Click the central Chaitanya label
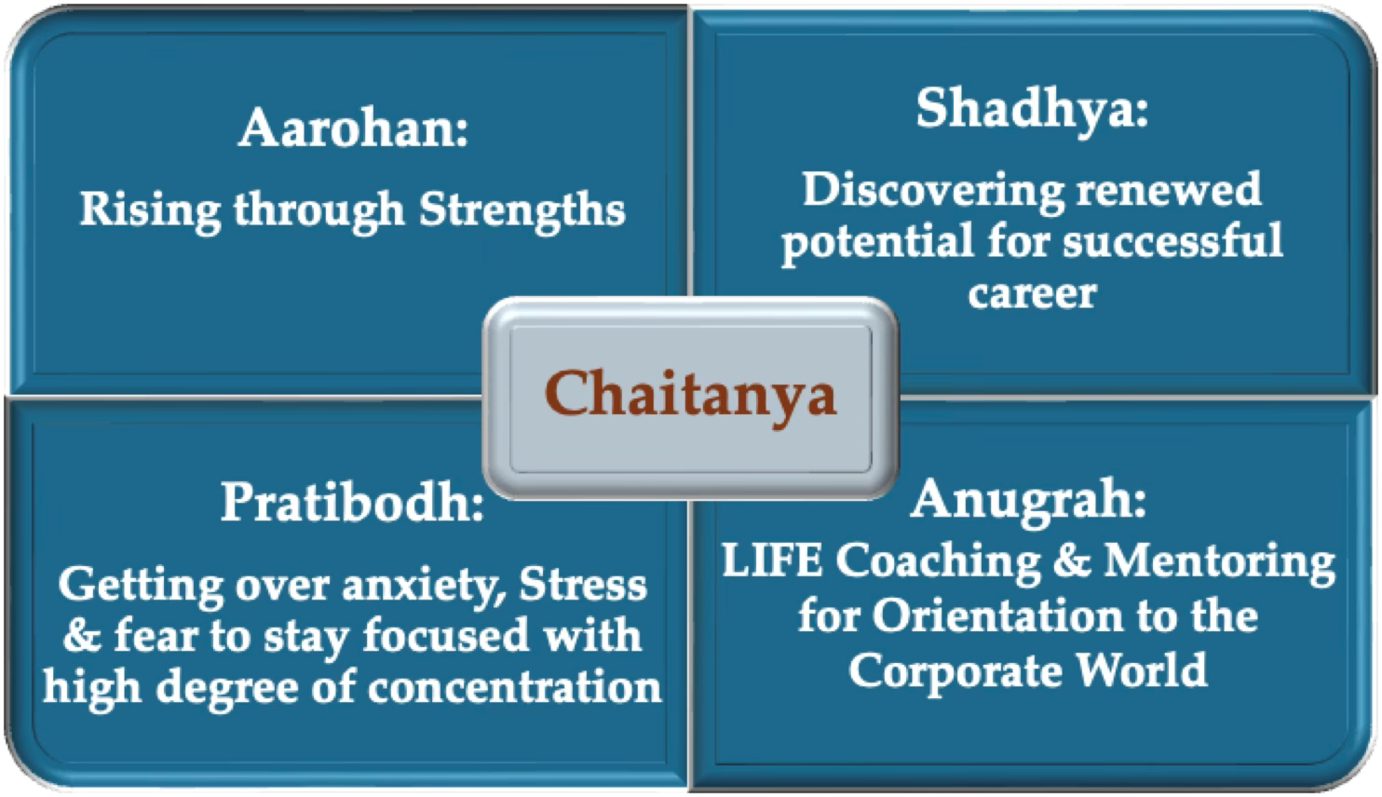(x=690, y=396)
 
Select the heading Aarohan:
(x=354, y=128)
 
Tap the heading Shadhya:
(x=1032, y=110)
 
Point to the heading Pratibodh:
(x=352, y=502)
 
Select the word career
(x=1032, y=293)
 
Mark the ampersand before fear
(x=83, y=635)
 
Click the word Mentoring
(x=1218, y=564)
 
